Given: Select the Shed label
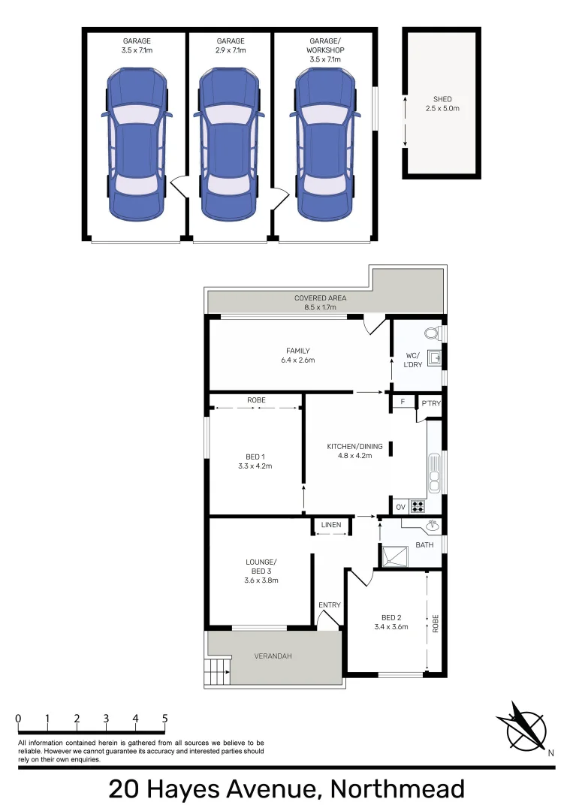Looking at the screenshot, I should point(442,99).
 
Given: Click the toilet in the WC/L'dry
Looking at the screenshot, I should point(432,333).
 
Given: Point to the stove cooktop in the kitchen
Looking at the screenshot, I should point(417,505).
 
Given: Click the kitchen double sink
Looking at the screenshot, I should point(433,469).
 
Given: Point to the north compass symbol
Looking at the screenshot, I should point(523,725).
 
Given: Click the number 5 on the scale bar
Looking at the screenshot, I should point(164,719).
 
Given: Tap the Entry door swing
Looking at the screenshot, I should point(328,617).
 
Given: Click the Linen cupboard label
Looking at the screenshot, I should point(331,524).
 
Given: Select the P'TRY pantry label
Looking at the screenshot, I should point(430,402).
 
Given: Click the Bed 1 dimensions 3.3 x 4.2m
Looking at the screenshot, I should point(255,466).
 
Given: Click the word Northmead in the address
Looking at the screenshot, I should point(398,789).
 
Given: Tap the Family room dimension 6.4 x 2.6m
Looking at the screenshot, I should point(298,360).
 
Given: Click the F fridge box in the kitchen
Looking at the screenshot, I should point(403,402).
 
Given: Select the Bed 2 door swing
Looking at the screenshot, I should point(362,577).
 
